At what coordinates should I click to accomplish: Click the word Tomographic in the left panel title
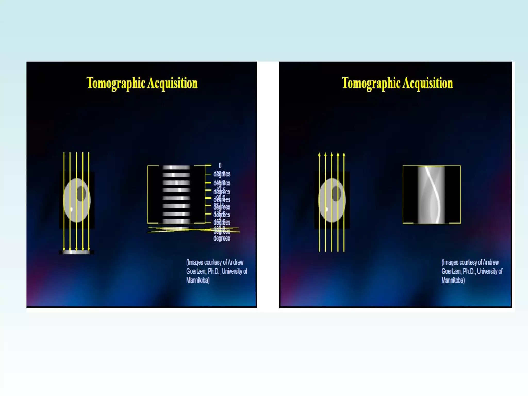(x=116, y=83)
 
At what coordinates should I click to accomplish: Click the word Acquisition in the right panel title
(x=428, y=83)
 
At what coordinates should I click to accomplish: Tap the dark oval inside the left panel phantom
(x=81, y=193)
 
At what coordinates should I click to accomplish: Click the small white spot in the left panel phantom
(x=71, y=209)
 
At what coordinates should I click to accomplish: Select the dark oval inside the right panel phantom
(x=336, y=193)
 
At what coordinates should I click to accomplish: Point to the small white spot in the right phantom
(x=327, y=209)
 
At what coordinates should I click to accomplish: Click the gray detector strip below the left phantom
(x=76, y=252)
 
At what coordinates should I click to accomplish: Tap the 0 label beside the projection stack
(x=220, y=165)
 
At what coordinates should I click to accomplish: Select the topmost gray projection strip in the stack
(x=176, y=167)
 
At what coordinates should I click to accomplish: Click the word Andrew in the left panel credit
(x=235, y=262)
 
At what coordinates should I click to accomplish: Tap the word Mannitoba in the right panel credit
(x=453, y=280)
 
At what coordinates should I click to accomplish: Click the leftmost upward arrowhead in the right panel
(x=319, y=154)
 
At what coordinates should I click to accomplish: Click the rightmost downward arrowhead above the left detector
(x=89, y=249)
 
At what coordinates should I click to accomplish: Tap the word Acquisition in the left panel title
(x=172, y=83)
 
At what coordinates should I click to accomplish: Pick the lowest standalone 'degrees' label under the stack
(x=222, y=238)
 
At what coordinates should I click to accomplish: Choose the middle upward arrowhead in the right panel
(x=332, y=154)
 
